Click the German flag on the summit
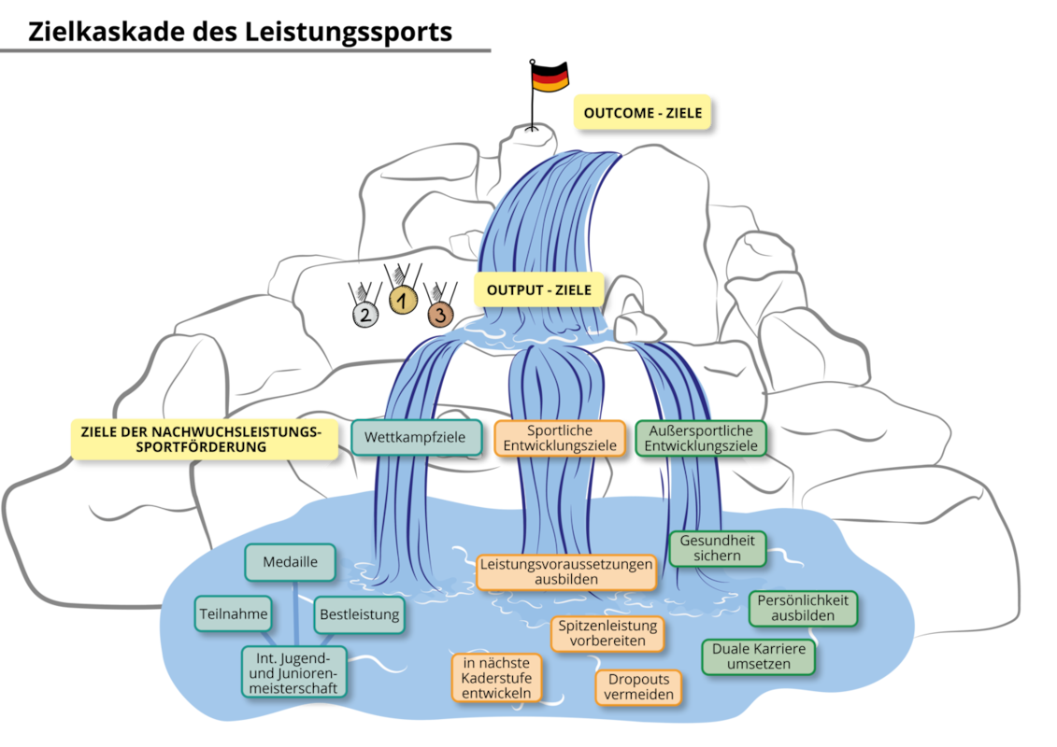coord(550,77)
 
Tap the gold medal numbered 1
coord(403,300)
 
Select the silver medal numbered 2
coord(365,314)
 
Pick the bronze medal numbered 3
coord(440,313)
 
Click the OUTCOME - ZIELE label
coord(642,112)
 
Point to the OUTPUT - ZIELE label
coord(538,289)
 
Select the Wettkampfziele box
coord(417,437)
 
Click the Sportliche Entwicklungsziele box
coord(560,438)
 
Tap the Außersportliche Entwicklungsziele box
coord(701,438)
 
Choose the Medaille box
coord(290,562)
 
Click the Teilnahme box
coord(234,613)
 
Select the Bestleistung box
coord(359,614)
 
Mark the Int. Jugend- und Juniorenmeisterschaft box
coord(293,672)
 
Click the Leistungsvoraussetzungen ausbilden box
coord(566,571)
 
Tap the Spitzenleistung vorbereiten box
coord(607,633)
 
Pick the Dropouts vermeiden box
coord(638,686)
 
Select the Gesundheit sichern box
coord(717,548)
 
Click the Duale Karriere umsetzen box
coord(758,656)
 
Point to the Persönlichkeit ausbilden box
coord(803,608)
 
